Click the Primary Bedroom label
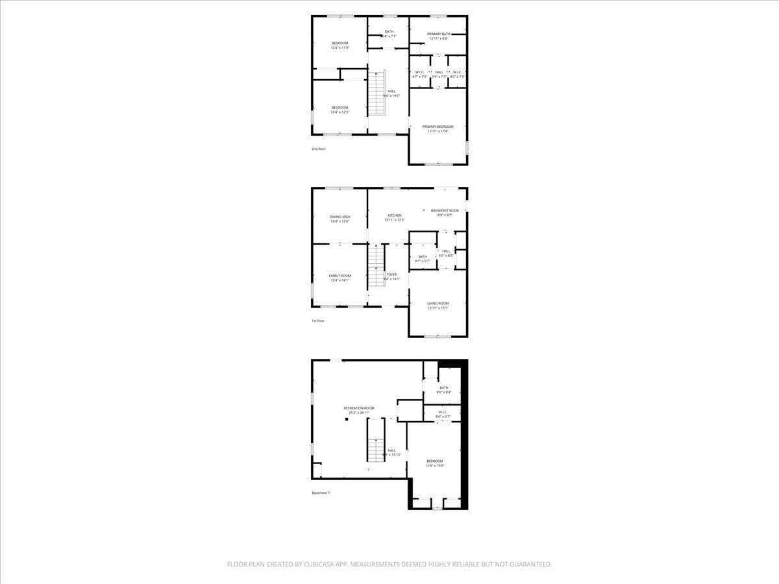[x=438, y=127]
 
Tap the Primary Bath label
[x=438, y=34]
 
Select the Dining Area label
[x=340, y=217]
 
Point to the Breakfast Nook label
[x=445, y=210]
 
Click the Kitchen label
[x=395, y=215]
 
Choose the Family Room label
[x=340, y=276]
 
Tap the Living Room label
[x=438, y=303]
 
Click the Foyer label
[x=391, y=274]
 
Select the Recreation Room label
[x=359, y=408]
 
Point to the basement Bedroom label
[x=434, y=461]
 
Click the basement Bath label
[x=443, y=388]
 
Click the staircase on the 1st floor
[x=377, y=266]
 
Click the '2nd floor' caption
[x=318, y=149]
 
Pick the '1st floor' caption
[x=317, y=321]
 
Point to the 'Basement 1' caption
[x=321, y=493]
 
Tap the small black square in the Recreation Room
[x=347, y=419]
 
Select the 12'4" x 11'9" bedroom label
[x=340, y=43]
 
